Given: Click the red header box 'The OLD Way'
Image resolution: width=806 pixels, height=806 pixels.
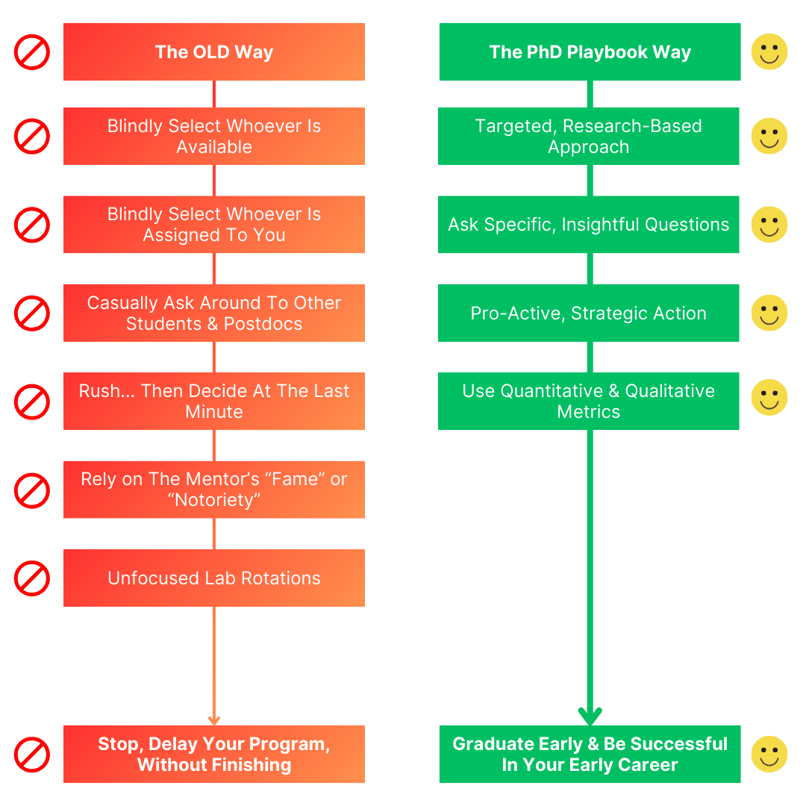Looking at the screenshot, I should click(x=214, y=51).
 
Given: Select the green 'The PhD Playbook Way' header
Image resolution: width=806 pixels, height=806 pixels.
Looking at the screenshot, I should click(x=590, y=51).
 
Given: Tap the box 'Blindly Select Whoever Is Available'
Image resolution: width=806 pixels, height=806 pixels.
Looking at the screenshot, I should click(x=214, y=136).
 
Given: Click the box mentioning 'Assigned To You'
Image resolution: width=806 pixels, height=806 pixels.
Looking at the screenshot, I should click(x=214, y=225).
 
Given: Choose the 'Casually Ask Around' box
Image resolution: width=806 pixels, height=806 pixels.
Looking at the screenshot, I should click(x=214, y=313).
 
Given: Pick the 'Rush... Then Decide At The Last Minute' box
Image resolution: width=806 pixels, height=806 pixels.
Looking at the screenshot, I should click(x=214, y=402).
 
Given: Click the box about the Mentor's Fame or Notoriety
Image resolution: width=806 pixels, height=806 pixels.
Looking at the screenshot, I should click(x=214, y=490).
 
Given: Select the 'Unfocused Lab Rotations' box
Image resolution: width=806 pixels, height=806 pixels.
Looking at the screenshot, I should click(x=214, y=578).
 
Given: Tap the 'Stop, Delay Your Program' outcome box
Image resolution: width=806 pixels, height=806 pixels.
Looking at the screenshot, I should click(x=214, y=754).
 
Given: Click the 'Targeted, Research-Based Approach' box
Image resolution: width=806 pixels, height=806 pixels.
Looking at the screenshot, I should click(x=588, y=136).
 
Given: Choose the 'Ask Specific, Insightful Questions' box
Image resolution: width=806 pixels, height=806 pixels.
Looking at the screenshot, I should click(x=588, y=225).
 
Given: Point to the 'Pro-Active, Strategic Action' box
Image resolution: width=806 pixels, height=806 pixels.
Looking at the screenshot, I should click(x=588, y=313).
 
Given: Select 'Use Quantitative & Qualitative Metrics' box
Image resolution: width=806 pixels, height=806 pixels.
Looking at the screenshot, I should click(x=588, y=402).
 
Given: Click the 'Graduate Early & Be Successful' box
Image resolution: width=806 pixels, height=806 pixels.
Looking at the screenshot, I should click(x=590, y=754).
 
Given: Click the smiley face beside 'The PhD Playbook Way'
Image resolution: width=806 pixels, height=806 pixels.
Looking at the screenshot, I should click(x=769, y=52).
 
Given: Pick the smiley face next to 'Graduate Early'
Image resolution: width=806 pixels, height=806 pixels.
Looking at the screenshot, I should click(x=769, y=754).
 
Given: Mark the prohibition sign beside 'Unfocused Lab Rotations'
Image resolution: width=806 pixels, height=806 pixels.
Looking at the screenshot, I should click(x=32, y=578).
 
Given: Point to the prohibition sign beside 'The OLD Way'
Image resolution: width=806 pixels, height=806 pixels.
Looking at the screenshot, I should click(x=32, y=52).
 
